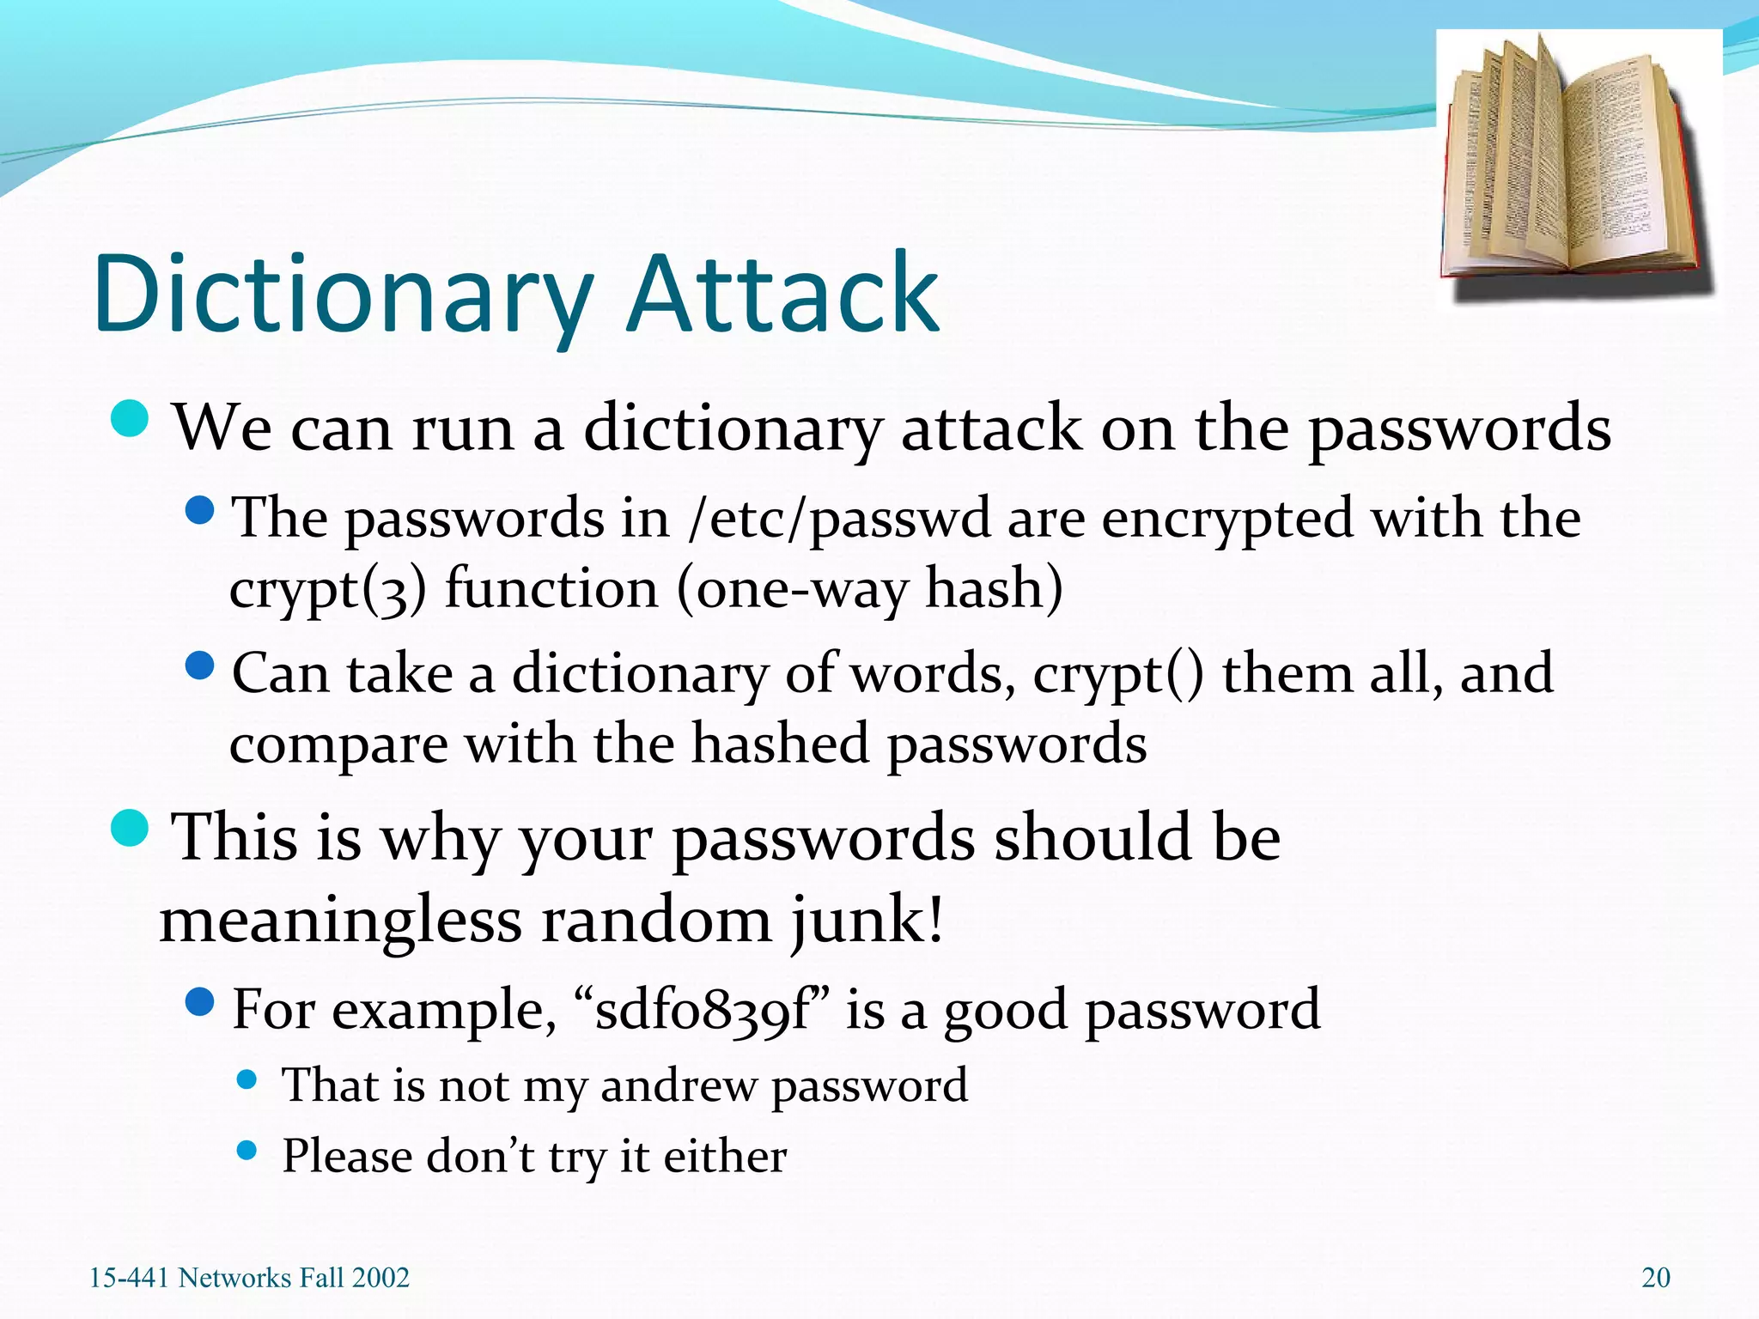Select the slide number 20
point(1655,1278)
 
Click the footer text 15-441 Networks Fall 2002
point(249,1278)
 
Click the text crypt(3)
point(327,591)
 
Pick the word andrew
point(678,1085)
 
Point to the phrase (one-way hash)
point(869,591)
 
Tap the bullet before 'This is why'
point(131,827)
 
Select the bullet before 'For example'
point(199,1001)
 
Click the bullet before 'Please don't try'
point(247,1151)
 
